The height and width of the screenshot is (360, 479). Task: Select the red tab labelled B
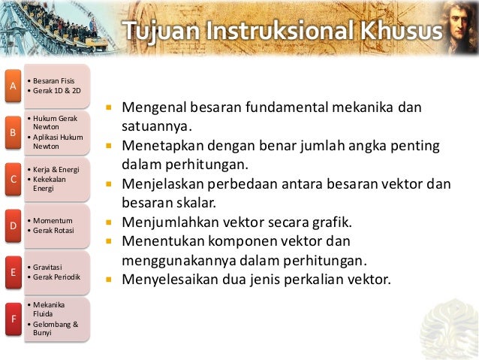pos(12,133)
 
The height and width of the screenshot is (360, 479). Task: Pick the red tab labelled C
pos(12,179)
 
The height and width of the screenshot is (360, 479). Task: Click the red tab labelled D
pos(12,225)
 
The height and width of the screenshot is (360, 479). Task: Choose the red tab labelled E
pos(12,272)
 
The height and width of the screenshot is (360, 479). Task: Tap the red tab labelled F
pos(12,319)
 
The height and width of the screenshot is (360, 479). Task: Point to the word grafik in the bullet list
pos(330,222)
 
